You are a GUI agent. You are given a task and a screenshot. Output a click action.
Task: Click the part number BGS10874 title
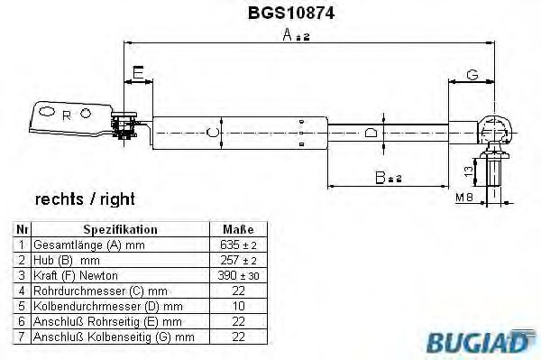coord(291,14)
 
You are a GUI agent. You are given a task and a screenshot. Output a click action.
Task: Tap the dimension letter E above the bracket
coord(138,73)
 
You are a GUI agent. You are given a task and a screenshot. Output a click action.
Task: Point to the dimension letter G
coord(472,75)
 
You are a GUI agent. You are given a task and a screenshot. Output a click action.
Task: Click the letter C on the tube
coord(212,133)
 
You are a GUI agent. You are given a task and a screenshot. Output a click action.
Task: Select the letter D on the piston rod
coord(371,133)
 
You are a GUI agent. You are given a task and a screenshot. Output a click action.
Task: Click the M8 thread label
coord(464,198)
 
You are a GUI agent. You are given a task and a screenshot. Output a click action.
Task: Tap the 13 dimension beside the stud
coord(469,171)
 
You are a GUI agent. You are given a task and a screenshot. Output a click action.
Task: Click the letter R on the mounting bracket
coord(67,116)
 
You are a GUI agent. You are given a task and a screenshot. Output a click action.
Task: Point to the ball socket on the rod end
coord(494,132)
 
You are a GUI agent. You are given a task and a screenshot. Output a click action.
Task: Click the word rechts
coord(60,199)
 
